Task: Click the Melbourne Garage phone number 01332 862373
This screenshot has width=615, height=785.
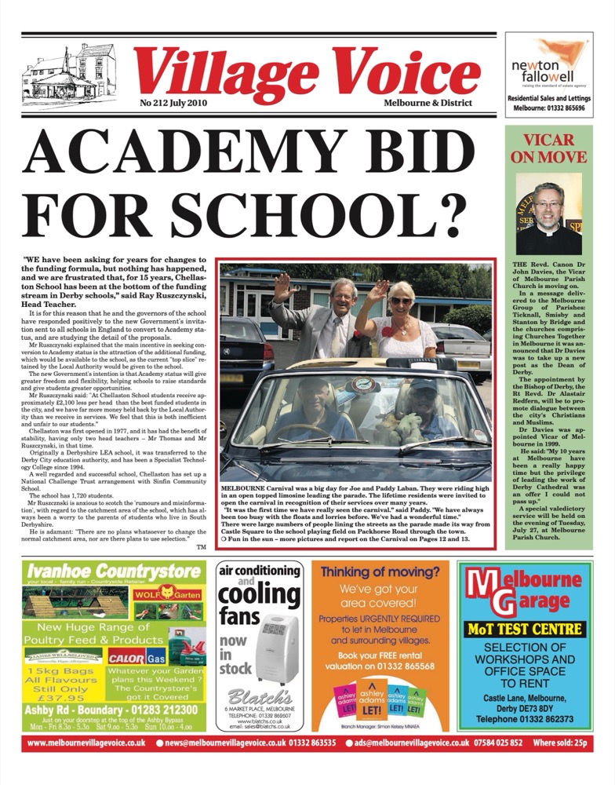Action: click(x=525, y=717)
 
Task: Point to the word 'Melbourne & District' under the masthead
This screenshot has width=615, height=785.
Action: click(x=428, y=103)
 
